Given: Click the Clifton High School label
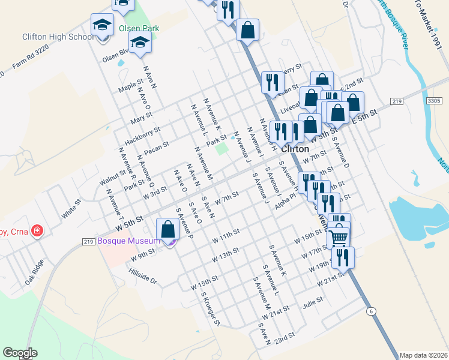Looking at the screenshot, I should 58,37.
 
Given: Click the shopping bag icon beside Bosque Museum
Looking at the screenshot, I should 167,229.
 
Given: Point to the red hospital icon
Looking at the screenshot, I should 37,230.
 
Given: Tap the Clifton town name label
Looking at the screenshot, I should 295,149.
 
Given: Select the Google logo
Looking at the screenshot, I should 20,353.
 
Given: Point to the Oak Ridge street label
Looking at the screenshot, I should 35,272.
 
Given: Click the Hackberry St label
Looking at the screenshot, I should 142,136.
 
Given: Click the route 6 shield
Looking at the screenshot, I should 372,311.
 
